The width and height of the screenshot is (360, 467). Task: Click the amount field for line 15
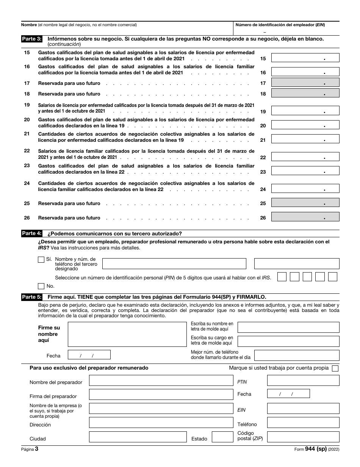(305, 58)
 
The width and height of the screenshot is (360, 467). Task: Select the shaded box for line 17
(305, 83)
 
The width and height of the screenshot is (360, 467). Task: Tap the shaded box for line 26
(305, 217)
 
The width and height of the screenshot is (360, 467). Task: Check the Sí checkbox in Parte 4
(41, 260)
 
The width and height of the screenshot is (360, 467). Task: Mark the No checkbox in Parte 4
(41, 286)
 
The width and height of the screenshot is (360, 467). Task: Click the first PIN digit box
(282, 277)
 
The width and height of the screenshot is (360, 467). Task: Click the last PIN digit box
(333, 277)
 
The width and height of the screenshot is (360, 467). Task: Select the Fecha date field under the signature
(89, 355)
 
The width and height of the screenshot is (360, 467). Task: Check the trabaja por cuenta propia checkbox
(335, 368)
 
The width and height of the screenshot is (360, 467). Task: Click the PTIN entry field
(303, 381)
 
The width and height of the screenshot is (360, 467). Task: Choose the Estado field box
(222, 437)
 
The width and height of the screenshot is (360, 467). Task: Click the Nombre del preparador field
(161, 381)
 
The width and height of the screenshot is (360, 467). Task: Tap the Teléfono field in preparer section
(303, 423)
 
